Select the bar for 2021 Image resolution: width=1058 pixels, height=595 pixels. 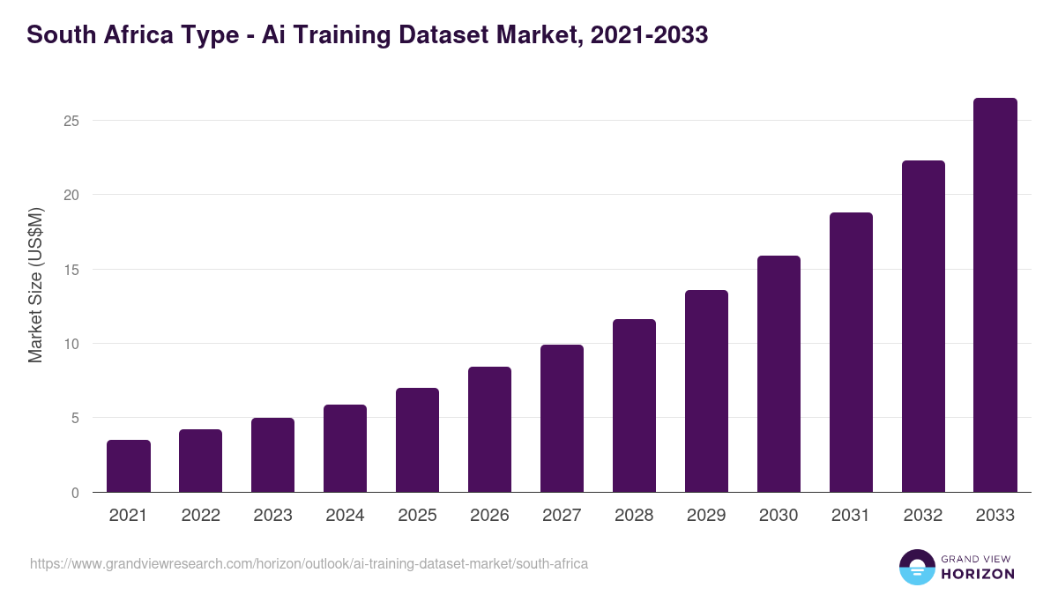[129, 466]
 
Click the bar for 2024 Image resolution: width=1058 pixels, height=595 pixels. [345, 449]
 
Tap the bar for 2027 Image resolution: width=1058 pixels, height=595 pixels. [562, 419]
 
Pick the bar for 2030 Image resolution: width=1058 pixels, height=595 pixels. [779, 374]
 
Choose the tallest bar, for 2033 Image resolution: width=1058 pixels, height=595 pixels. [995, 295]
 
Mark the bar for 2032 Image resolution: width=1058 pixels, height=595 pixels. [923, 326]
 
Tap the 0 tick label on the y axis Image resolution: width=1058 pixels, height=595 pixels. [75, 493]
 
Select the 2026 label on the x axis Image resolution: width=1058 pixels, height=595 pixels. [489, 516]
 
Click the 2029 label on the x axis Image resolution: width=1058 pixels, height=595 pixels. [706, 516]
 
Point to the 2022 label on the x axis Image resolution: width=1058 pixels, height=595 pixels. [200, 516]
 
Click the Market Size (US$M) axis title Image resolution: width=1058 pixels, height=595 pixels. [35, 284]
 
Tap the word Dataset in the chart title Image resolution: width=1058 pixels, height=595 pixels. [458, 35]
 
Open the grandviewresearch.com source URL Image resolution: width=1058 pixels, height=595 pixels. [309, 563]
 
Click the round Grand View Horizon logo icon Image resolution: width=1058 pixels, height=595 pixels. [917, 567]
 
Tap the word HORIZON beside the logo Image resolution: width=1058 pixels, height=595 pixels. [978, 574]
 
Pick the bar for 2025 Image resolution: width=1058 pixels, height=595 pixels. [417, 440]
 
